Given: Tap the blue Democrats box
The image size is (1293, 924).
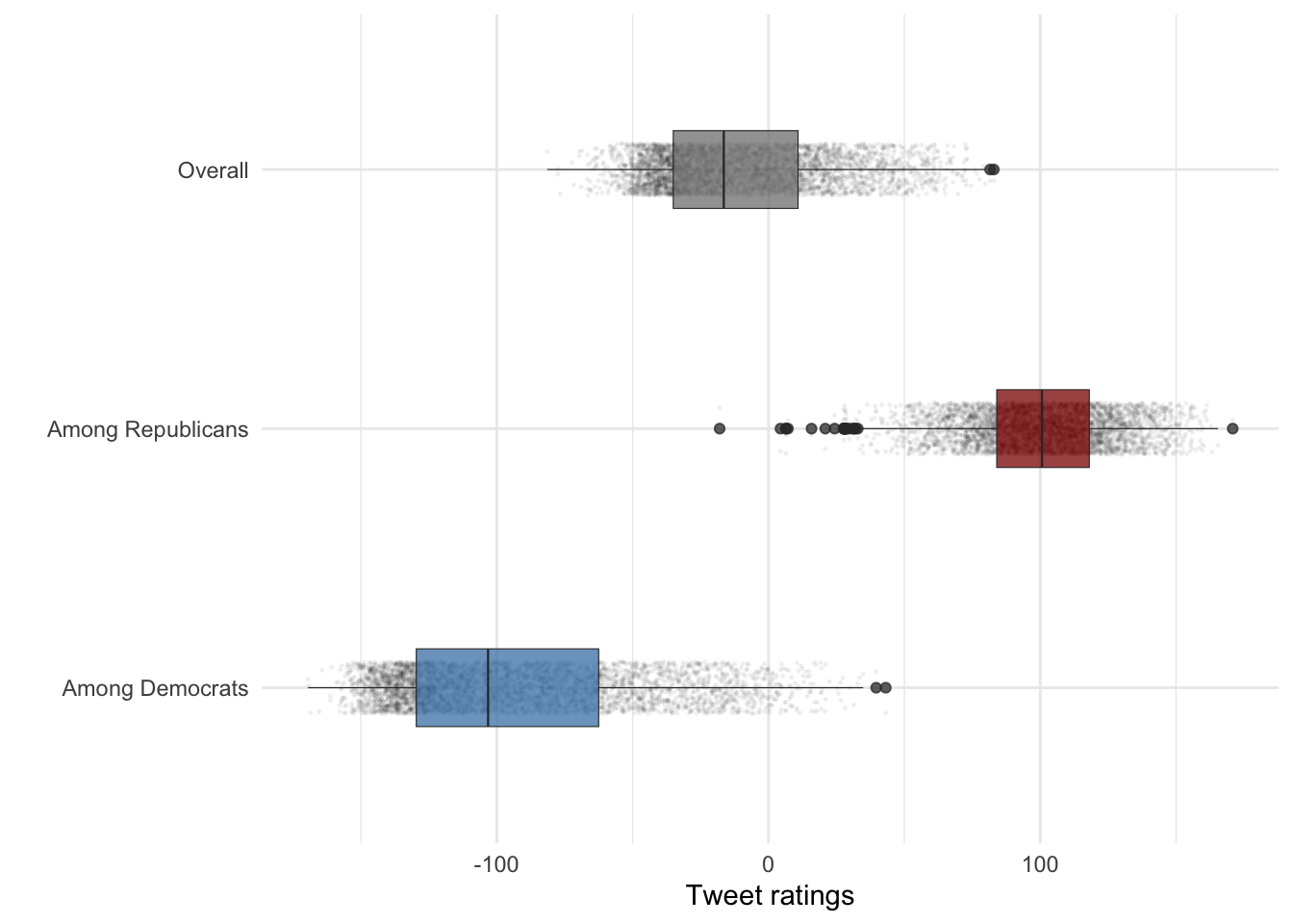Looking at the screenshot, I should (x=544, y=687).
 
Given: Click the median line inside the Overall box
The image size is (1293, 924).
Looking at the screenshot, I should (x=723, y=169).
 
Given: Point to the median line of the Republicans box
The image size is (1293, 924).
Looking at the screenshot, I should (x=1042, y=428).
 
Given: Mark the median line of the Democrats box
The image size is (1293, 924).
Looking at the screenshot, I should (x=488, y=687).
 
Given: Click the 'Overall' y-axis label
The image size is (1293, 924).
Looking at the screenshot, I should (x=213, y=170).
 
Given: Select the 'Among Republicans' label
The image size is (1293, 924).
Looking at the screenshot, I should (x=147, y=429).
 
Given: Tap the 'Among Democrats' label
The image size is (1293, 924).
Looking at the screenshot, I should (x=155, y=688).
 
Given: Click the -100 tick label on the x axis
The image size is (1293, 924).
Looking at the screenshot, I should (x=495, y=864).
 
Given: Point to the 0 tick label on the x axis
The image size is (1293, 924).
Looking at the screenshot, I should (x=768, y=864).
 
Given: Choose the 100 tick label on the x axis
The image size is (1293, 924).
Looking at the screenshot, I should (x=1040, y=864).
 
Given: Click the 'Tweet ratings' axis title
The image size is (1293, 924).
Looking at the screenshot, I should (x=770, y=896).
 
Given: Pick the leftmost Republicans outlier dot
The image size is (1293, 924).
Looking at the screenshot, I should (x=720, y=428).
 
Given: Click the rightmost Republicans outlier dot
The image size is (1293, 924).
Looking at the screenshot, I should (x=1232, y=428).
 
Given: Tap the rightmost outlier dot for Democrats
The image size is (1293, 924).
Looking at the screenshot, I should (x=885, y=687).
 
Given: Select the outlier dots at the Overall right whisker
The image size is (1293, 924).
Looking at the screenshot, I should (x=992, y=169).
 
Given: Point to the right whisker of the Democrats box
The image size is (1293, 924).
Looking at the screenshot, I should (x=731, y=687).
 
